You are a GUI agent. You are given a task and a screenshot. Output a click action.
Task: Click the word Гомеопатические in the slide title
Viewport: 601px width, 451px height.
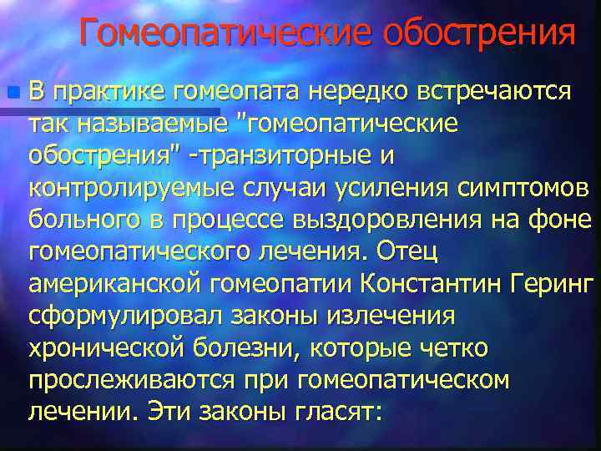click(x=228, y=34)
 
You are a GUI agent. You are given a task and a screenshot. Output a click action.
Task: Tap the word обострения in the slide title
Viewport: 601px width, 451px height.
click(x=480, y=34)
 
